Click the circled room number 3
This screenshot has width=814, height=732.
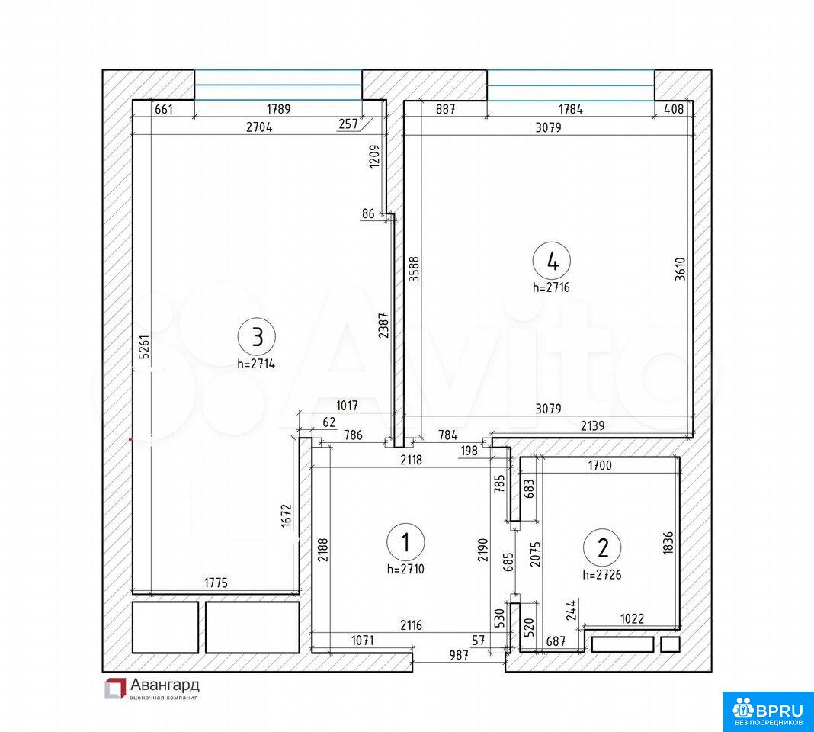(256, 337)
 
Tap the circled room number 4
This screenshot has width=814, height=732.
(552, 261)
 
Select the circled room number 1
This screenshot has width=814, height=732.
(405, 542)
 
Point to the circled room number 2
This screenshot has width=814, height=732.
(602, 547)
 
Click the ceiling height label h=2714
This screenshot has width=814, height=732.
(256, 364)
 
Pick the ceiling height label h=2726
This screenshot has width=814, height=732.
(602, 575)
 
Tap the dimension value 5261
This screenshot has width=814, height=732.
(145, 346)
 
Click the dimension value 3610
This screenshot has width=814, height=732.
(680, 269)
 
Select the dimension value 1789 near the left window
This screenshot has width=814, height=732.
(279, 109)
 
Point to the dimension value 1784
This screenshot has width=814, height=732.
(571, 109)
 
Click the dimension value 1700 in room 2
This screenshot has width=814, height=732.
(600, 465)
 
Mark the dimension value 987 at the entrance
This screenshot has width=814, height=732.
(459, 655)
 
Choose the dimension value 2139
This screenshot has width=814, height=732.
(592, 426)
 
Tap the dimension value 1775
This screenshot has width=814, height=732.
(216, 583)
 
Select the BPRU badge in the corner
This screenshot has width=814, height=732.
(768, 711)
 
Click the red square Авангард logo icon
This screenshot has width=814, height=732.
(115, 689)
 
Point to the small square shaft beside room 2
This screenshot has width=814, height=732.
(670, 645)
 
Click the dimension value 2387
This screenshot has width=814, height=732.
(383, 326)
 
